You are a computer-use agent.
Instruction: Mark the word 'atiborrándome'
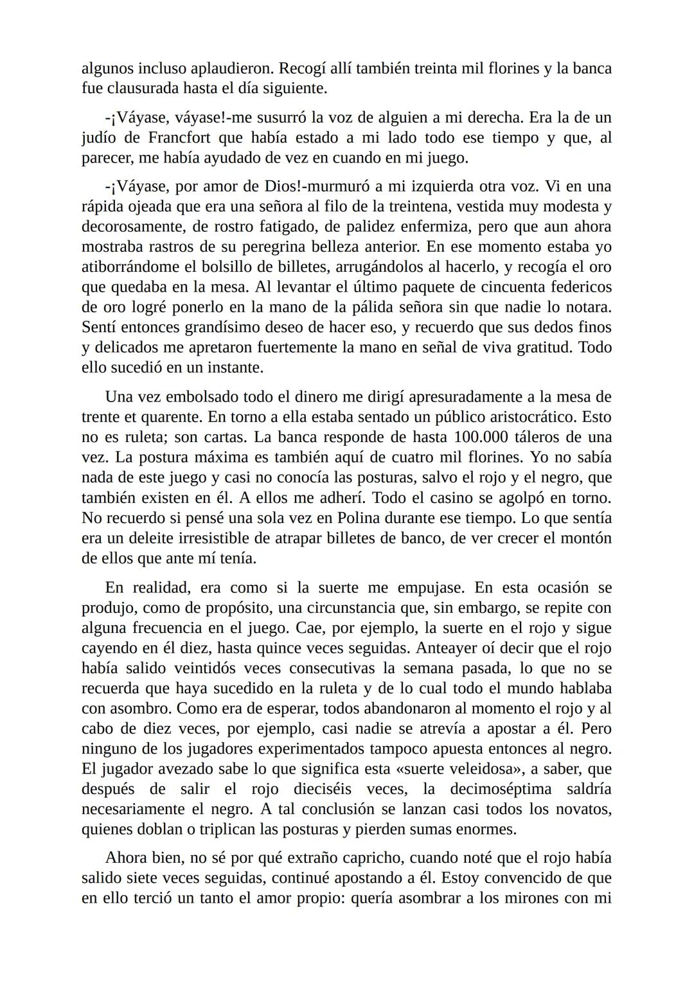[x=136, y=267]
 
